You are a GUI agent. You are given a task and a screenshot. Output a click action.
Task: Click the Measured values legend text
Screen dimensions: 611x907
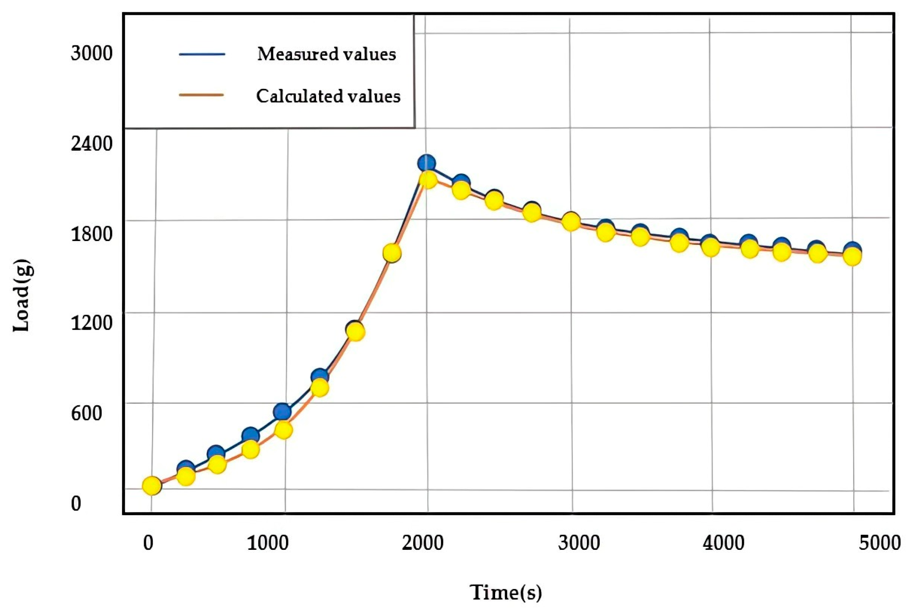(x=326, y=54)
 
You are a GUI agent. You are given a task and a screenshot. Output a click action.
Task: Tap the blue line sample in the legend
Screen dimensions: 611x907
(x=202, y=54)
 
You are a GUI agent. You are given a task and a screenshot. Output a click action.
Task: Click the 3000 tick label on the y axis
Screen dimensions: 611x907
(x=91, y=53)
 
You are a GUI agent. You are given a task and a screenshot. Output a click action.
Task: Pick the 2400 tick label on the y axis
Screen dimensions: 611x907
(x=91, y=145)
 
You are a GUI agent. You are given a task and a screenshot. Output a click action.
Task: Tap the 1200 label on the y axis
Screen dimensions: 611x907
(x=91, y=323)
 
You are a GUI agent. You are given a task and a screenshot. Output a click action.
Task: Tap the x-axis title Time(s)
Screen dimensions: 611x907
(x=506, y=593)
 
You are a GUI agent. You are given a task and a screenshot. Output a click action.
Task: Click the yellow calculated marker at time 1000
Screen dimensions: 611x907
(x=283, y=430)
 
